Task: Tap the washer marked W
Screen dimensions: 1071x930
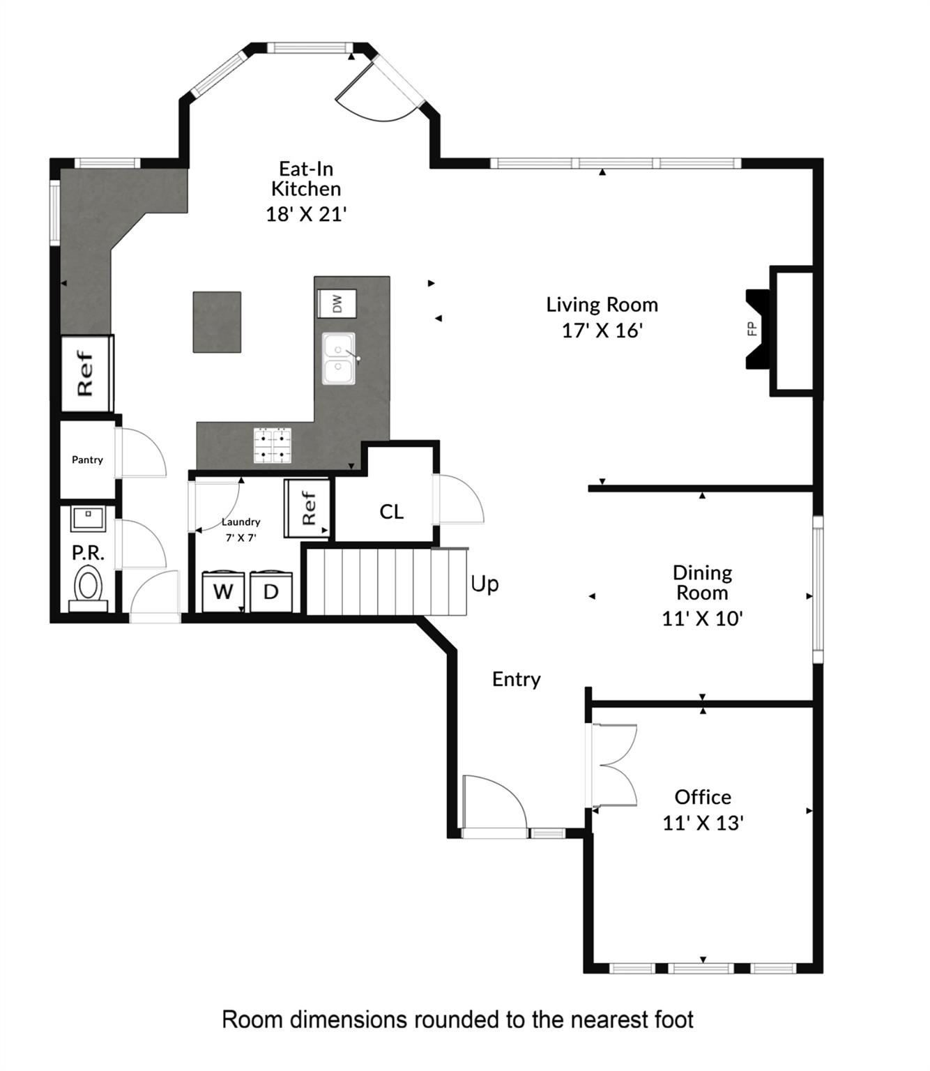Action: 223,591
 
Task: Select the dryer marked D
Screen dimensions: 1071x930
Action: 271,591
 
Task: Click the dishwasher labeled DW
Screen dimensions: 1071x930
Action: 337,304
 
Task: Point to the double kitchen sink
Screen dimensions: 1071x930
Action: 339,358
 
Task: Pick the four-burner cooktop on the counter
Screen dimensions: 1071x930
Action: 273,446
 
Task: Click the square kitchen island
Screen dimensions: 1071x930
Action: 217,322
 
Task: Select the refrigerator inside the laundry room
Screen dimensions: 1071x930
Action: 307,508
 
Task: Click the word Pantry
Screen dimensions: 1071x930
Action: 87,459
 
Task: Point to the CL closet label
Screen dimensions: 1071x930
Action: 391,512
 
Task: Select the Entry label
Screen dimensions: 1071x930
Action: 516,679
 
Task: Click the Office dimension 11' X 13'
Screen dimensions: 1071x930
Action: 703,823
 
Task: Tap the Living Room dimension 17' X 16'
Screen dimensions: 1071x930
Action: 602,331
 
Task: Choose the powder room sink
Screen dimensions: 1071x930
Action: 88,519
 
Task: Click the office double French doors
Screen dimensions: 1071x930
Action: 613,766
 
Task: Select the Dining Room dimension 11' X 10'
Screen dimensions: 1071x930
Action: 702,618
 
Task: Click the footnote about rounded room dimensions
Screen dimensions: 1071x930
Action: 457,1019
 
